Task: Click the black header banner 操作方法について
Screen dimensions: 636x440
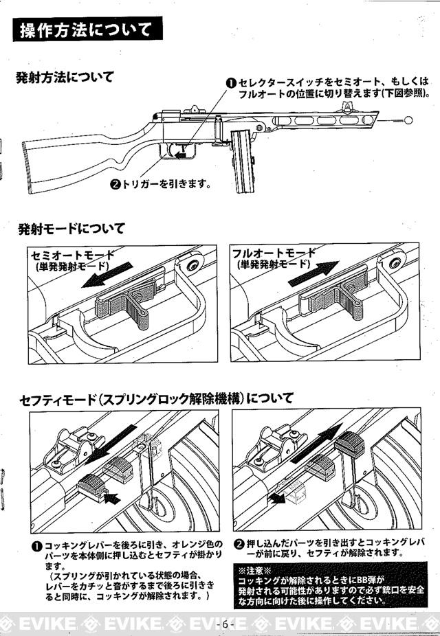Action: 87,30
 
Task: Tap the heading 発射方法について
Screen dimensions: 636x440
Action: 65,76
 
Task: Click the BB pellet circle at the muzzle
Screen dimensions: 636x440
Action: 407,121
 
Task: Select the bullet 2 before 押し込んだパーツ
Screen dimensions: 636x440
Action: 239,543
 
